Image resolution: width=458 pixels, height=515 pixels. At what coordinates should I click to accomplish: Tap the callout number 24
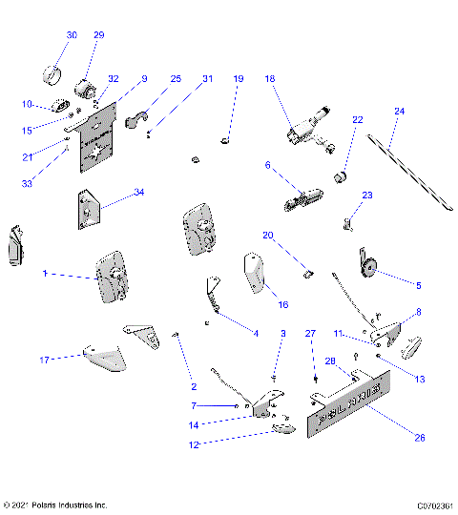400,112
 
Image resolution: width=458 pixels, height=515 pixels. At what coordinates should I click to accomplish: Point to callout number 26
418,438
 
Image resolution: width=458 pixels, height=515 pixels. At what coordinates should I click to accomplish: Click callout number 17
44,360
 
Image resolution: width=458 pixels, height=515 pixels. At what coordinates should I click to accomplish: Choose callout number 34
139,193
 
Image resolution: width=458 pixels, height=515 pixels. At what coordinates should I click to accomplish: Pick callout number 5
417,284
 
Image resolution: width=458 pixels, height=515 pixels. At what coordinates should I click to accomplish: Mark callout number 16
282,305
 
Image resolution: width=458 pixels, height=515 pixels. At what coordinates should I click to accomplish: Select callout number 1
44,274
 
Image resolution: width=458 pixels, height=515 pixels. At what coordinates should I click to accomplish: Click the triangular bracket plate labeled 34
89,210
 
